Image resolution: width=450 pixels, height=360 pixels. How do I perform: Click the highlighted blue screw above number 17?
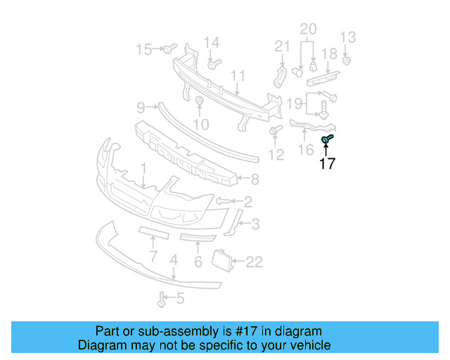click(327, 140)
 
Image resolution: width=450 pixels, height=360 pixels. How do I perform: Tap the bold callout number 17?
click(327, 165)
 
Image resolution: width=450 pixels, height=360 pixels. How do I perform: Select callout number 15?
click(143, 49)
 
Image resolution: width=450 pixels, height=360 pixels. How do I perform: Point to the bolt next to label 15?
click(169, 49)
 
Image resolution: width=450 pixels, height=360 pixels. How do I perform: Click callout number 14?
click(212, 42)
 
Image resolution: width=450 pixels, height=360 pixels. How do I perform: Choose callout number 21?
click(282, 46)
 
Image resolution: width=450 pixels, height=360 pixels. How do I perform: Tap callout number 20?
click(309, 29)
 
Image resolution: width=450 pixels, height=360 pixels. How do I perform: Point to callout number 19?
click(295, 104)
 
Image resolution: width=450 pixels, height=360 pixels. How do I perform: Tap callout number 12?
click(276, 155)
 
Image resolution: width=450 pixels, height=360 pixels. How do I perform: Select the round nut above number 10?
click(200, 103)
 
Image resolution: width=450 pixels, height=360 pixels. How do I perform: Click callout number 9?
click(141, 108)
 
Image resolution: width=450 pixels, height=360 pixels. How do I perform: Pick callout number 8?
click(255, 179)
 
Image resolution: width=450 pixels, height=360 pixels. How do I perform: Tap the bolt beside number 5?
click(162, 300)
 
